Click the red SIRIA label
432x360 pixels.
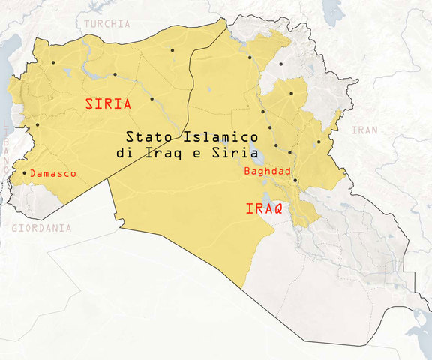(107, 104)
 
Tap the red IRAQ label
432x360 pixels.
(264, 209)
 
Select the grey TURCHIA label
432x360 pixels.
(106, 24)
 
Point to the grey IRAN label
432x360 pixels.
(365, 130)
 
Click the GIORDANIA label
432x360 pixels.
(36, 228)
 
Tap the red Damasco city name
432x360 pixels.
(53, 173)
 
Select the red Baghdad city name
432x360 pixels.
(268, 171)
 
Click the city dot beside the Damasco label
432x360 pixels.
(24, 173)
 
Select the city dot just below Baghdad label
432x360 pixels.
(295, 180)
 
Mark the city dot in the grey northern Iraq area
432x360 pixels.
(280, 64)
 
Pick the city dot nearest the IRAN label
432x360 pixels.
(319, 142)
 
